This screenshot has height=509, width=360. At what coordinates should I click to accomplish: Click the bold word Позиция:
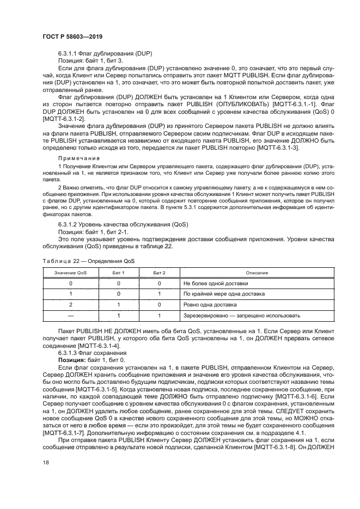click(72, 360)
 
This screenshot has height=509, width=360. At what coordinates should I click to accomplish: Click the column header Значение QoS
click(70, 272)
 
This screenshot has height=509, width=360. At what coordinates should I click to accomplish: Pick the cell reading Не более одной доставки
click(215, 283)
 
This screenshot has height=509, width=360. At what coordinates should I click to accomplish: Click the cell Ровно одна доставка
click(210, 304)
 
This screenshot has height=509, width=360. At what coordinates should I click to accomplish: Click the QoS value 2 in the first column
click(70, 304)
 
